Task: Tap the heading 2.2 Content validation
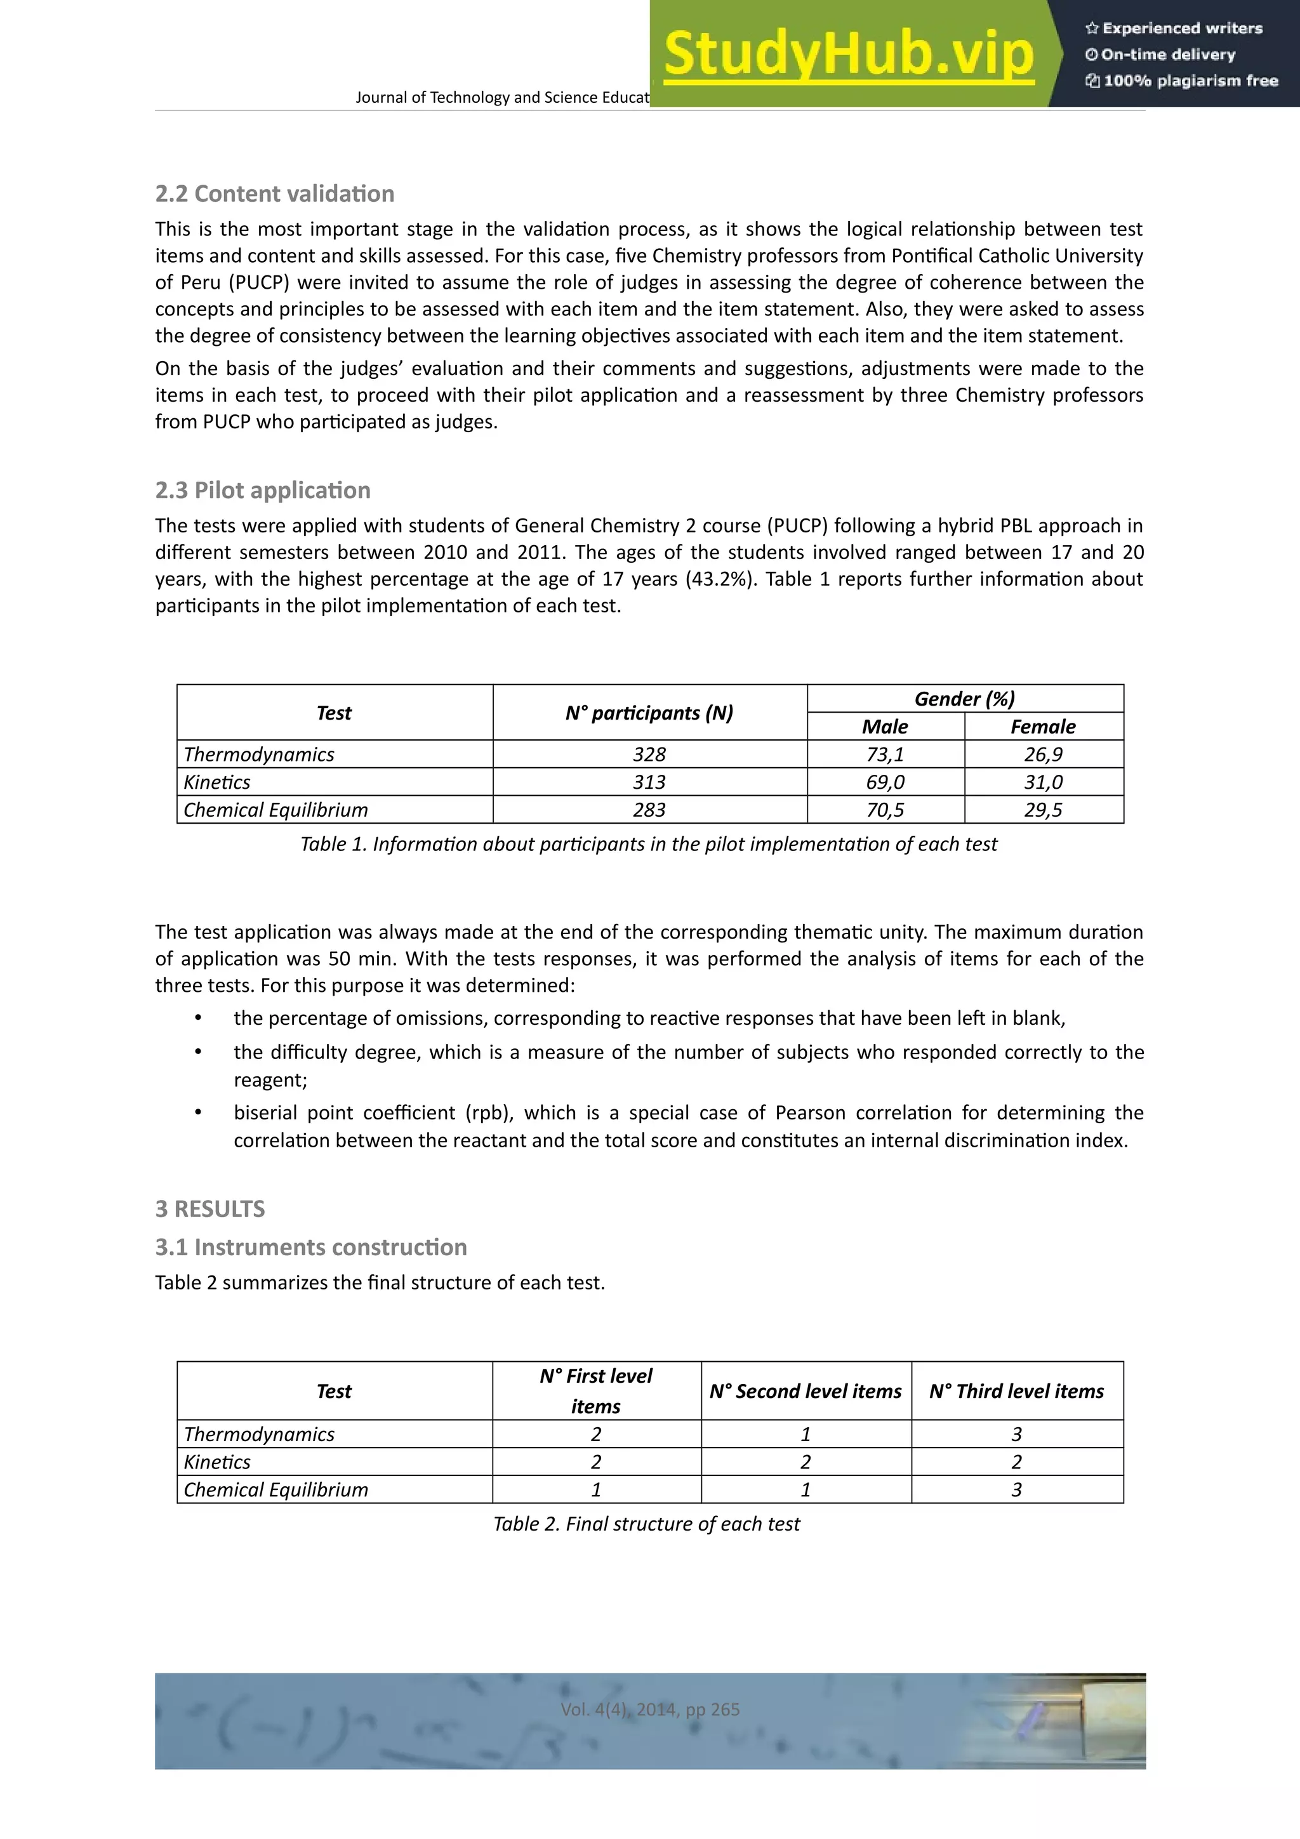point(275,194)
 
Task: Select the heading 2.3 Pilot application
point(263,490)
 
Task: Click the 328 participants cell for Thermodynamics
point(649,755)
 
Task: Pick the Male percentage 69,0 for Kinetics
point(885,782)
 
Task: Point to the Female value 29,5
point(1043,810)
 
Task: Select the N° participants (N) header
point(649,713)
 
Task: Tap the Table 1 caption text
point(649,844)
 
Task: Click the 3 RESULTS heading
point(210,1209)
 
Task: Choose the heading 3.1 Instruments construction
point(311,1247)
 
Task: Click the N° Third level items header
point(1016,1391)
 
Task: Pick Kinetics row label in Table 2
point(217,1463)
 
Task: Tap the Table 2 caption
point(646,1524)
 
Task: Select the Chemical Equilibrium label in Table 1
point(275,810)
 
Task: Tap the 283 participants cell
point(649,810)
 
